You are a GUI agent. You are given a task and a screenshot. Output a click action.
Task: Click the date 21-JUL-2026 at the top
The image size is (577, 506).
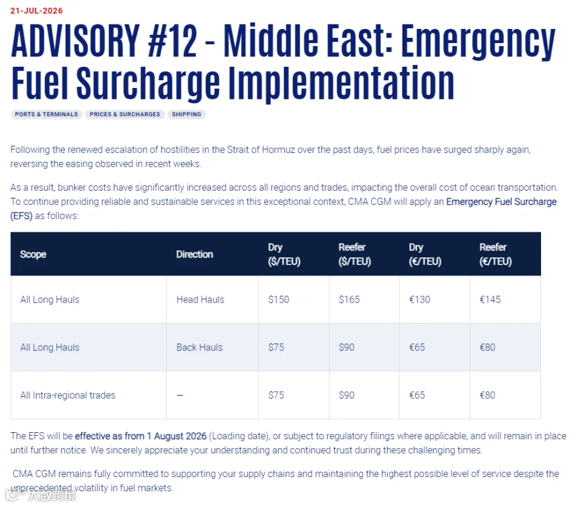point(37,11)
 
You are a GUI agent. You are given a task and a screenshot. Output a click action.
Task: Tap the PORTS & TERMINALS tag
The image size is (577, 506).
point(46,114)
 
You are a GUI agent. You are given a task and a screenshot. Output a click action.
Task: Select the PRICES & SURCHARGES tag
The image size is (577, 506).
point(125,114)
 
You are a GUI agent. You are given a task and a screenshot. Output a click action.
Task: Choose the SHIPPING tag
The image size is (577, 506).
point(187,114)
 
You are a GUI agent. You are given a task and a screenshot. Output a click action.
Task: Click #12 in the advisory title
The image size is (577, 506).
point(172,40)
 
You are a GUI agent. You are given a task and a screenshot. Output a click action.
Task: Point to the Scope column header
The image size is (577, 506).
point(33,254)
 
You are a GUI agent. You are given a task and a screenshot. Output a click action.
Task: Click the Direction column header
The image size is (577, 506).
point(194,254)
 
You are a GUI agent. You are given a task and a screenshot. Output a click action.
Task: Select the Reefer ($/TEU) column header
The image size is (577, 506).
point(355,254)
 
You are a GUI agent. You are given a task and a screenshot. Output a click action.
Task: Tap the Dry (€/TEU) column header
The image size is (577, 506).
point(425,254)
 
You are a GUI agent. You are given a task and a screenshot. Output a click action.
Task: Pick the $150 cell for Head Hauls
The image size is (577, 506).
point(279,300)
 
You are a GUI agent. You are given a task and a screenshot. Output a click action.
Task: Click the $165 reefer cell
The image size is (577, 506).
point(349,300)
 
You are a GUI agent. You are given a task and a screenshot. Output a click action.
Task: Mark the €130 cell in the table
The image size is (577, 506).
point(419,300)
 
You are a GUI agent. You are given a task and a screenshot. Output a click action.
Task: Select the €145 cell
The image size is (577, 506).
point(490,300)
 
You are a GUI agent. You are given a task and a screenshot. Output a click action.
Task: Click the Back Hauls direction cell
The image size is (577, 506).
point(199,347)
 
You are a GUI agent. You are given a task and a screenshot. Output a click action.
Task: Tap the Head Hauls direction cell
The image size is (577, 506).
point(200,300)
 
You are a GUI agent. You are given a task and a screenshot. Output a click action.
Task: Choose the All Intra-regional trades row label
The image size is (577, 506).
point(68,396)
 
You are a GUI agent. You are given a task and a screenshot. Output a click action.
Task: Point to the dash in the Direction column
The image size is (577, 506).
point(180,396)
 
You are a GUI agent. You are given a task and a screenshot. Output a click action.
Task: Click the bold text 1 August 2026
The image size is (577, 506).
point(177,436)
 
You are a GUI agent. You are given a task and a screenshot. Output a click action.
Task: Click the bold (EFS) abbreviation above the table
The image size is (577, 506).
point(21,216)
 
